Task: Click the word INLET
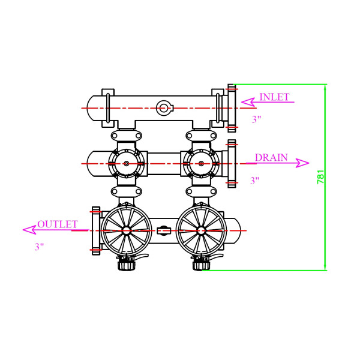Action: click(274, 97)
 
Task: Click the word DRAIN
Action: click(271, 158)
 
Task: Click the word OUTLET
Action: click(58, 224)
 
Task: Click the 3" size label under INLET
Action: click(257, 119)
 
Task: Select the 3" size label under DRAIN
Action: click(255, 180)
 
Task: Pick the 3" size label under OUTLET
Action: click(39, 247)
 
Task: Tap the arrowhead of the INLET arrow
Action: click(241, 102)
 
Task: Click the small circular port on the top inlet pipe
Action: click(164, 108)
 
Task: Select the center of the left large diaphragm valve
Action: click(126, 230)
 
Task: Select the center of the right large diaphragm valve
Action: click(201, 230)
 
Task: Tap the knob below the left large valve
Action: click(125, 263)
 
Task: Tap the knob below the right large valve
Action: click(200, 263)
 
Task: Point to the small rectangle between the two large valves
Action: click(163, 230)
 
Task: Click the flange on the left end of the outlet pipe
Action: click(95, 230)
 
